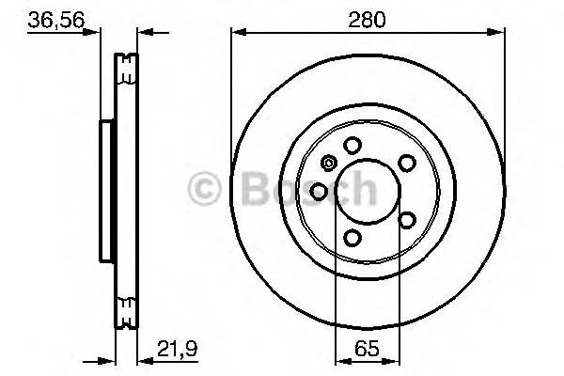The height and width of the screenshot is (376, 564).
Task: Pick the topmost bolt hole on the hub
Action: tap(352, 145)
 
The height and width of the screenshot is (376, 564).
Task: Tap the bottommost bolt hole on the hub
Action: tap(352, 238)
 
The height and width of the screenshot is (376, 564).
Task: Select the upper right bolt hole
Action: tap(407, 163)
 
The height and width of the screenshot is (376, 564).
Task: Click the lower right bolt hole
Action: tap(407, 220)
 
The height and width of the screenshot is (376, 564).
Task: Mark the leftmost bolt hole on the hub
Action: tap(319, 192)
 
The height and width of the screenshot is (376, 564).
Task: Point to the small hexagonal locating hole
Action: tap(328, 163)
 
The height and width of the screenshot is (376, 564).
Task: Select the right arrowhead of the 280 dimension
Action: tap(498, 33)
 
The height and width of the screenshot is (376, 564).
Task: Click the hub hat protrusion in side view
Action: tap(106, 192)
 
